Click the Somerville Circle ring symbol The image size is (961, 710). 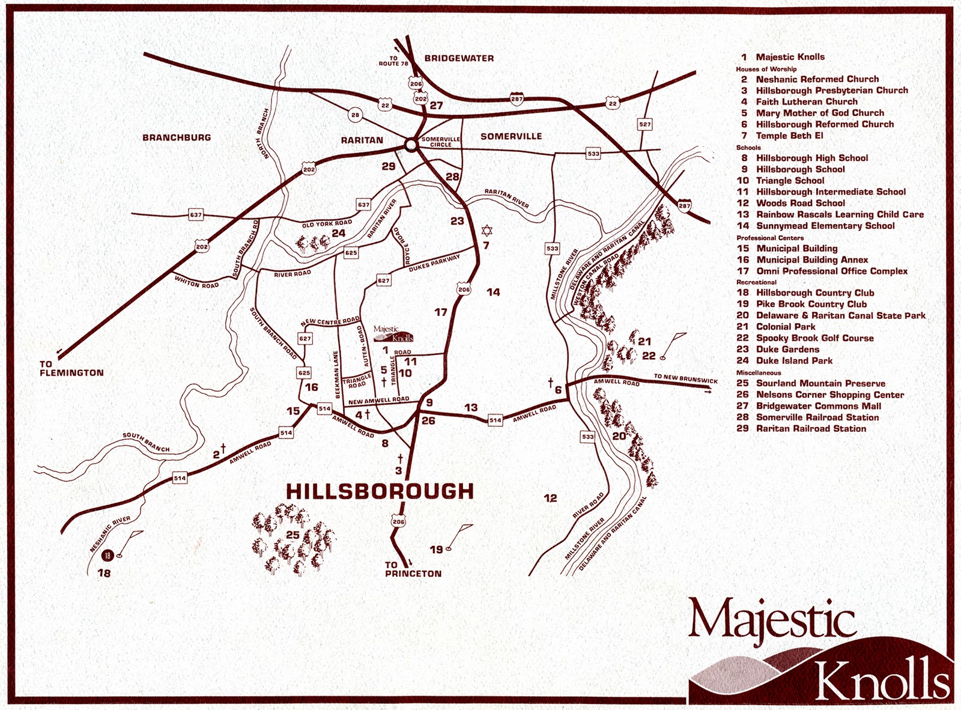411,145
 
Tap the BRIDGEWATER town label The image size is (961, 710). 459,58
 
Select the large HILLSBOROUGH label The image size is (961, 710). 380,491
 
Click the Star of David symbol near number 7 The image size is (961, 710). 486,231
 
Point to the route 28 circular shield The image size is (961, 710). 355,115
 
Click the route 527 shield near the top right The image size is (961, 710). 644,124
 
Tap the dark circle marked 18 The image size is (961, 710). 108,556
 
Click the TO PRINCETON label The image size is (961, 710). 413,569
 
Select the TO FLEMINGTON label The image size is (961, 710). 71,368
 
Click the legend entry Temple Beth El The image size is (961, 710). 789,136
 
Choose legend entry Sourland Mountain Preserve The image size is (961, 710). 820,383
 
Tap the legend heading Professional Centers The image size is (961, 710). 770,238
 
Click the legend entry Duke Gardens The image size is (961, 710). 787,349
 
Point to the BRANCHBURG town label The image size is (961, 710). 177,138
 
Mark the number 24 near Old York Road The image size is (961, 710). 338,233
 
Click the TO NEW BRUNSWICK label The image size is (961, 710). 685,379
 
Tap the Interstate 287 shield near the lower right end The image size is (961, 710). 685,205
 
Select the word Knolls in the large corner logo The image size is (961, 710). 881,679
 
